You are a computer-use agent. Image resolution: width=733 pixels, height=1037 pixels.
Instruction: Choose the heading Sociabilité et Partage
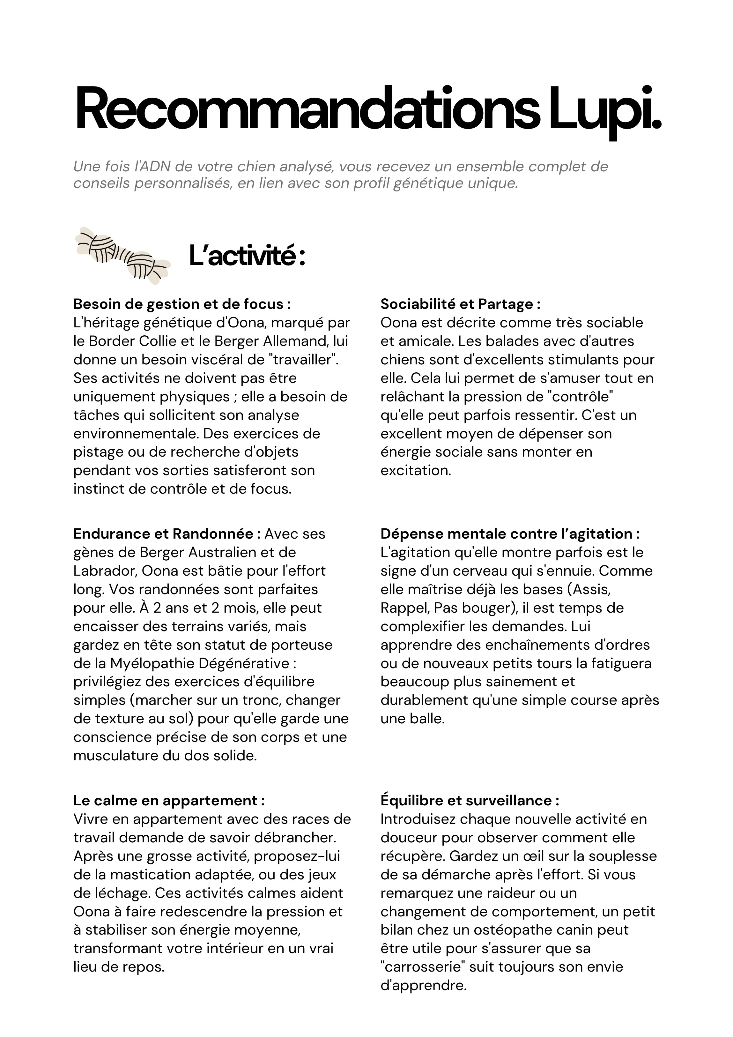pos(460,304)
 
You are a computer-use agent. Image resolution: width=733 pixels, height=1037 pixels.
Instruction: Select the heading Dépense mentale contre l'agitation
pos(510,534)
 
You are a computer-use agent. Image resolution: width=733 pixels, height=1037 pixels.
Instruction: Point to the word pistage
pos(99,452)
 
